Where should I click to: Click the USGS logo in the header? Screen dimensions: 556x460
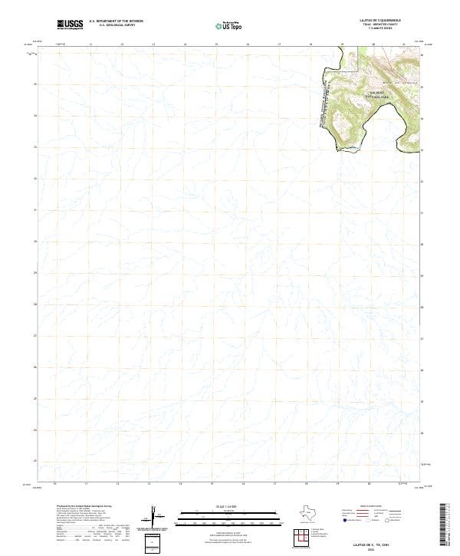click(70, 24)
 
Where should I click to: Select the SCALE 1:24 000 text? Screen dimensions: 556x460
click(230, 507)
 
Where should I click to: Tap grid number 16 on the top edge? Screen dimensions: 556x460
click(248, 45)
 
